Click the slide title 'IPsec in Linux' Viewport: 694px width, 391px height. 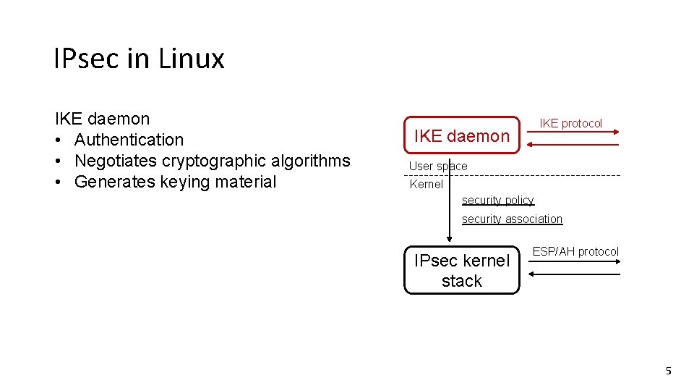pos(139,59)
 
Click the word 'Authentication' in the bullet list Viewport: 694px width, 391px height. pos(129,140)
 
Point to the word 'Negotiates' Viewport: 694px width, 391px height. pos(115,161)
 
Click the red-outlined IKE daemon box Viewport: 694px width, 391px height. pos(461,136)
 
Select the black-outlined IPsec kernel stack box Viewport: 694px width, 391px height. pos(461,271)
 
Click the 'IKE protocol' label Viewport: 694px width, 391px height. pos(571,124)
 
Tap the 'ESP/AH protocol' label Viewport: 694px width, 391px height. pos(575,252)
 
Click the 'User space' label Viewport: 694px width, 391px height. pos(438,167)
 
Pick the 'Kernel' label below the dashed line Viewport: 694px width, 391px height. pos(426,185)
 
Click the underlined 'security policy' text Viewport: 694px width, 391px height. pos(497,201)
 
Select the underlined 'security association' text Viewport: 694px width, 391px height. pos(512,219)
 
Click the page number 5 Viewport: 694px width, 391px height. pos(668,371)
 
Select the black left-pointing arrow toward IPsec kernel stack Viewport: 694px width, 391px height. pos(574,274)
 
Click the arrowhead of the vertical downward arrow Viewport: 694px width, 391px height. pos(450,240)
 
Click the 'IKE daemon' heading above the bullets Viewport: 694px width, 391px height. pos(102,119)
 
